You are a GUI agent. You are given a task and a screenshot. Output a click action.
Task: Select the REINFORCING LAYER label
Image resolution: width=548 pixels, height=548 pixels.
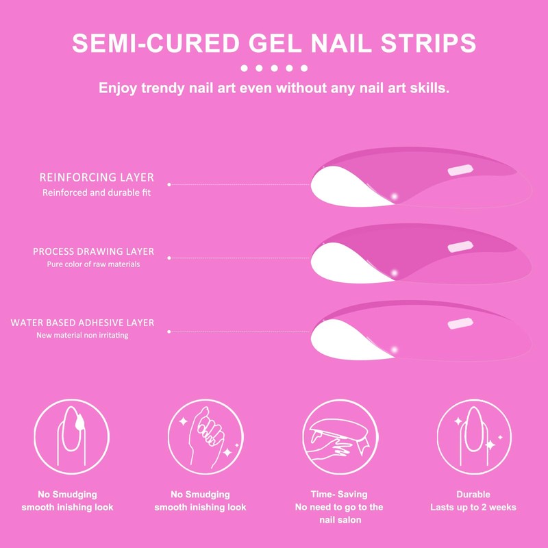[x=97, y=177]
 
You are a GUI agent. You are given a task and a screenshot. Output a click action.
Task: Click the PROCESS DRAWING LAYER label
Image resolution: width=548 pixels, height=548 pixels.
[x=94, y=251]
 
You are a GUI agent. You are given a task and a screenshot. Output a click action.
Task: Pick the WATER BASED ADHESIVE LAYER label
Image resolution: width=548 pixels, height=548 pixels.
[x=82, y=323]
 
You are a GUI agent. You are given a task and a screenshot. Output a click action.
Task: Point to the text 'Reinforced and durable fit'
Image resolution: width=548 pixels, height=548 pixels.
[x=97, y=192]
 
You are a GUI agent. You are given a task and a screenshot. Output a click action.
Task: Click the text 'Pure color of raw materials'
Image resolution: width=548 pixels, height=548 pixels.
[x=94, y=264]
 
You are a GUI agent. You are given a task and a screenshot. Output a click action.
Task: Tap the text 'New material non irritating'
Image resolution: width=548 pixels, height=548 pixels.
[x=82, y=336]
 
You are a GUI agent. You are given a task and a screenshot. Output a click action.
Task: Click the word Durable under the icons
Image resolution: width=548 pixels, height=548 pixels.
[x=473, y=494]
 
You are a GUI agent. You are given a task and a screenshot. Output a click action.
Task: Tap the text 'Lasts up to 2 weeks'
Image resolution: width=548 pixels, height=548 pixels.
[x=473, y=508]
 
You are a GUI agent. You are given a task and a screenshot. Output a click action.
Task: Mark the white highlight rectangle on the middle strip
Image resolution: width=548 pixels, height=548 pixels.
[x=458, y=246]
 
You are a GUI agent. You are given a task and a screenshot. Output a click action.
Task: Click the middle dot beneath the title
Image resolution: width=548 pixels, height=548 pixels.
[x=274, y=68]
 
